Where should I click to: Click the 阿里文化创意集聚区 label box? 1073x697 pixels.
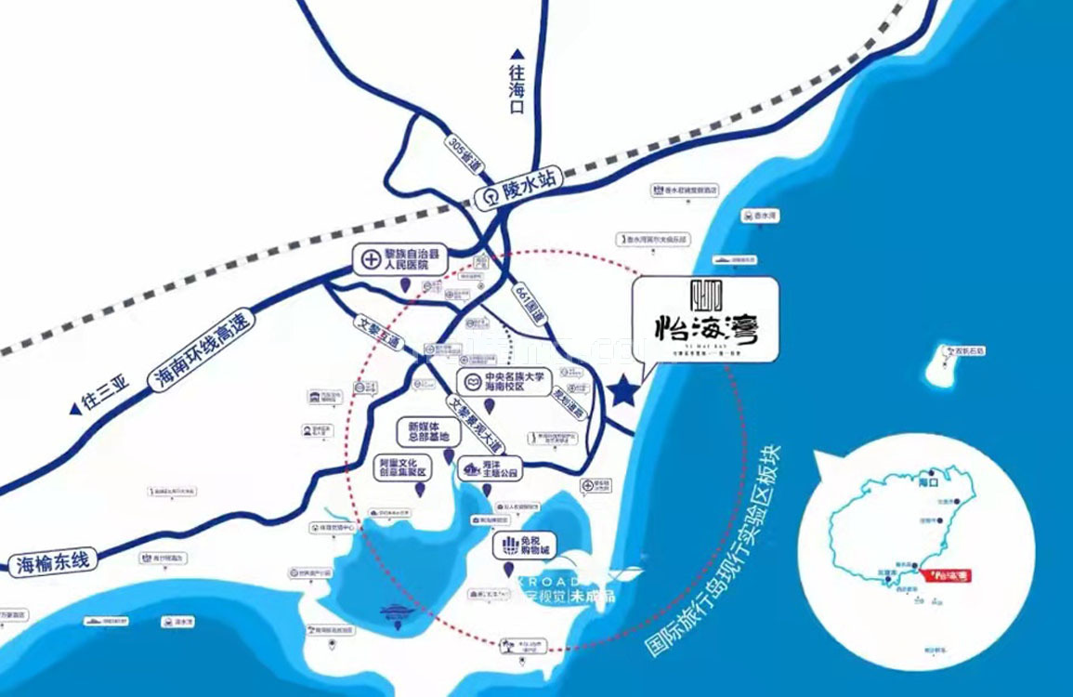coord(401,467)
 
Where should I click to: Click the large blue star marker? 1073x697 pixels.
coord(623,391)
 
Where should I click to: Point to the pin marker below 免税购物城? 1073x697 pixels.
coord(509,569)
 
